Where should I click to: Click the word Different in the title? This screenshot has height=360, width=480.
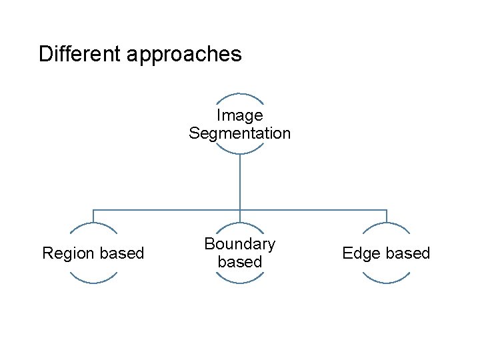coord(80,54)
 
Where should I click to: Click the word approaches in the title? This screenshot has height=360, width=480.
coord(183,55)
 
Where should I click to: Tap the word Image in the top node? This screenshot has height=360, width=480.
coord(240,116)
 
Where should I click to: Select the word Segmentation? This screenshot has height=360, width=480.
coord(240,133)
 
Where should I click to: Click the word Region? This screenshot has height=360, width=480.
coord(65,253)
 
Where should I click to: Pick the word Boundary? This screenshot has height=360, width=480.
coord(240,244)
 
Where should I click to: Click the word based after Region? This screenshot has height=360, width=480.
coord(121,253)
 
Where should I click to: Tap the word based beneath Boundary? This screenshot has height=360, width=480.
coord(240,262)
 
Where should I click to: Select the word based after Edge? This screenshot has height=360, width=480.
coord(408,253)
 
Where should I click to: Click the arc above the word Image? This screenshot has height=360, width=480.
coord(240,94)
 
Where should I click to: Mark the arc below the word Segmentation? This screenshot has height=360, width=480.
coord(240,153)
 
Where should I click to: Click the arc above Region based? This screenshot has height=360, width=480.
coord(93,223)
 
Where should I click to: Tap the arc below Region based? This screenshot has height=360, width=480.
coord(93,283)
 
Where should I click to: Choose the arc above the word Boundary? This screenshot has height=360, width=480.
coord(240,223)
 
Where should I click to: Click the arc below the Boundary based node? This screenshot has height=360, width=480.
coord(240,283)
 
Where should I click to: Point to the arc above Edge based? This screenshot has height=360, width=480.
coord(387,223)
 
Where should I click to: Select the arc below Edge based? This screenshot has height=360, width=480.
coord(387,283)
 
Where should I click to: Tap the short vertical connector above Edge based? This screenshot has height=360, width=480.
coord(387,216)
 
